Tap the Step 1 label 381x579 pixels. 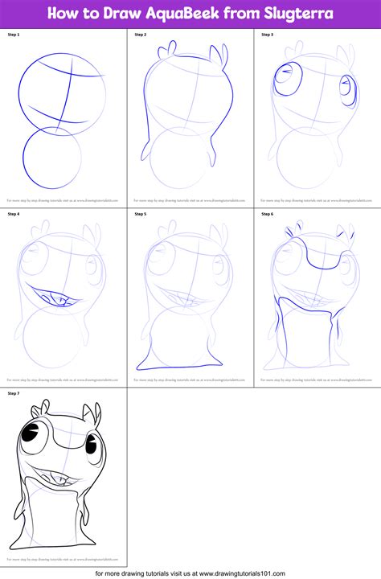[14, 35]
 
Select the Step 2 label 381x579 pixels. [141, 35]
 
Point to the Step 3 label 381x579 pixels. [268, 35]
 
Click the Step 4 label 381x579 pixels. [14, 214]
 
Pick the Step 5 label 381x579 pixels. [141, 214]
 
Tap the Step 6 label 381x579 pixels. [268, 214]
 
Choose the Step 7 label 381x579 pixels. [14, 392]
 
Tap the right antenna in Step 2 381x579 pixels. [216, 55]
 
